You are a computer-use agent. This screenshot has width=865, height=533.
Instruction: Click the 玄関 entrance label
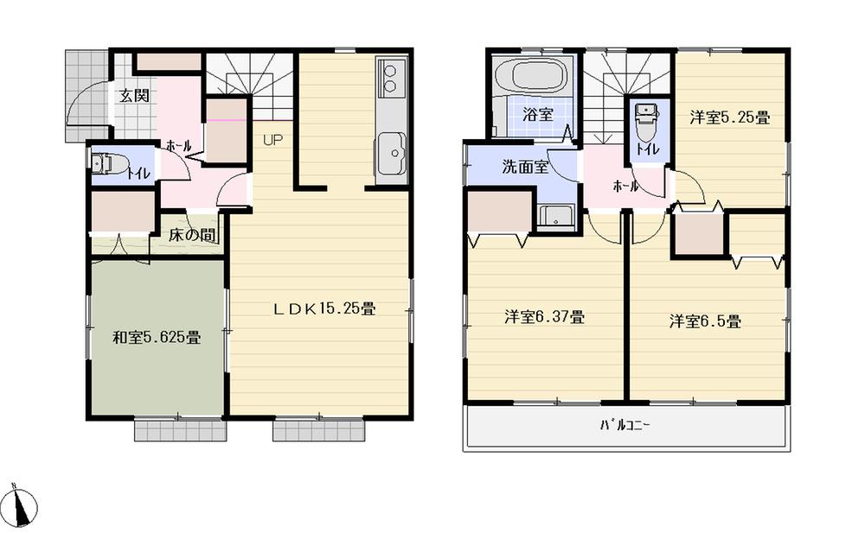[x=133, y=96]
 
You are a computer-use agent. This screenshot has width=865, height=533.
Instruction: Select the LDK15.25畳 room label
[x=324, y=308]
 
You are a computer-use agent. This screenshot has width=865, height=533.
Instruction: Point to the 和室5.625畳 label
[x=157, y=338]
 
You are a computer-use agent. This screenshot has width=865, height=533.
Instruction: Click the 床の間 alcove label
[x=191, y=235]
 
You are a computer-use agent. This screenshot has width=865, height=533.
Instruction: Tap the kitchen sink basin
[x=391, y=156]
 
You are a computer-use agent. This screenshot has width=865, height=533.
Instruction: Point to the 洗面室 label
[x=525, y=168]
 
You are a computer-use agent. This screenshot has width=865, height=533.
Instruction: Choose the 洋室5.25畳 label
[x=729, y=118]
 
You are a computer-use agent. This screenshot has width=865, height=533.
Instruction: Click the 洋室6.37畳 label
[x=544, y=317]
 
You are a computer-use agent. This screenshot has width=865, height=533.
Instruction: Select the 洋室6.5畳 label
[x=704, y=322]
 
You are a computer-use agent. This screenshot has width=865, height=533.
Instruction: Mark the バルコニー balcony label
[x=625, y=425]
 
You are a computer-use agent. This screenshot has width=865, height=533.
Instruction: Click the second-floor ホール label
[x=625, y=186]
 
